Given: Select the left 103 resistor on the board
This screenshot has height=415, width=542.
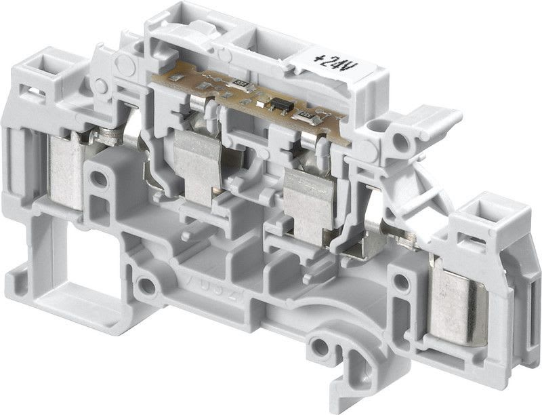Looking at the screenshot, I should pyautogui.click(x=238, y=83).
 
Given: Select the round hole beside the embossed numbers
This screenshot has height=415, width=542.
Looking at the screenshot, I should pyautogui.click(x=146, y=285).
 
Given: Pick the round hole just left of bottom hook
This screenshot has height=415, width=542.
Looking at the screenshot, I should pyautogui.click(x=320, y=349).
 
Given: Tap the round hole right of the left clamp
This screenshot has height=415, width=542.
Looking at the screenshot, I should pyautogui.click(x=100, y=180).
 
